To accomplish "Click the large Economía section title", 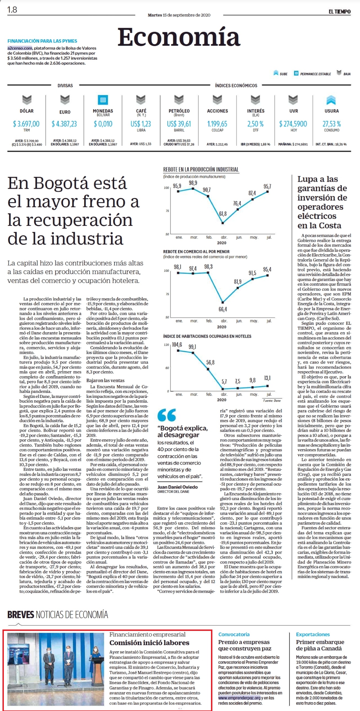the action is click(x=179, y=37).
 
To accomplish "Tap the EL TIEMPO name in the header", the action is click(x=339, y=12).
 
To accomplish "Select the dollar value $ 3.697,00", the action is click(x=26, y=124).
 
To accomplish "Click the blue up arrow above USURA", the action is click(x=331, y=100).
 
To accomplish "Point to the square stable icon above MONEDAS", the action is click(x=103, y=100).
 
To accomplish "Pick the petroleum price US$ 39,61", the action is click(x=179, y=124).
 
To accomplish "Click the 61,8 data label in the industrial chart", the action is click(x=223, y=214).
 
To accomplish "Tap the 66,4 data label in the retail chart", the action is click(x=223, y=309).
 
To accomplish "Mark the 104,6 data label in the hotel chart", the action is click(x=177, y=344).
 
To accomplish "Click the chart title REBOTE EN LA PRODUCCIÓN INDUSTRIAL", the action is click(x=201, y=169).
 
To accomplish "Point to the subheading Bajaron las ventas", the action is click(x=105, y=380).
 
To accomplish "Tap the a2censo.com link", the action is click(x=20, y=48).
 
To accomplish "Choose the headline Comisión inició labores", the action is click(x=149, y=642).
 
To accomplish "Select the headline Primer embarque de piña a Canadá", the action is click(x=320, y=645).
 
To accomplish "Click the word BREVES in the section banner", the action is click(x=21, y=615).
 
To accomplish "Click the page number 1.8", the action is click(x=12, y=10).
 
